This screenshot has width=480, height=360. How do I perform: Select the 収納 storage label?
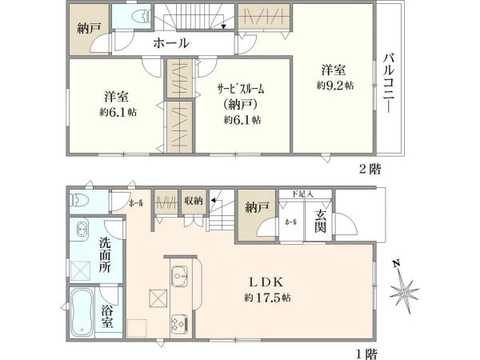pyautogui.click(x=193, y=202)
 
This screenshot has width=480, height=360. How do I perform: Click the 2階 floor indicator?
pyautogui.click(x=370, y=169)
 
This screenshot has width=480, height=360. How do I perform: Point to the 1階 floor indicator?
pyautogui.click(x=366, y=351)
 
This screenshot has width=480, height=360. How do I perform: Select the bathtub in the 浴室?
pyautogui.click(x=83, y=314)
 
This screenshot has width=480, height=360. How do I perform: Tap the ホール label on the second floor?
pyautogui.click(x=170, y=43)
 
